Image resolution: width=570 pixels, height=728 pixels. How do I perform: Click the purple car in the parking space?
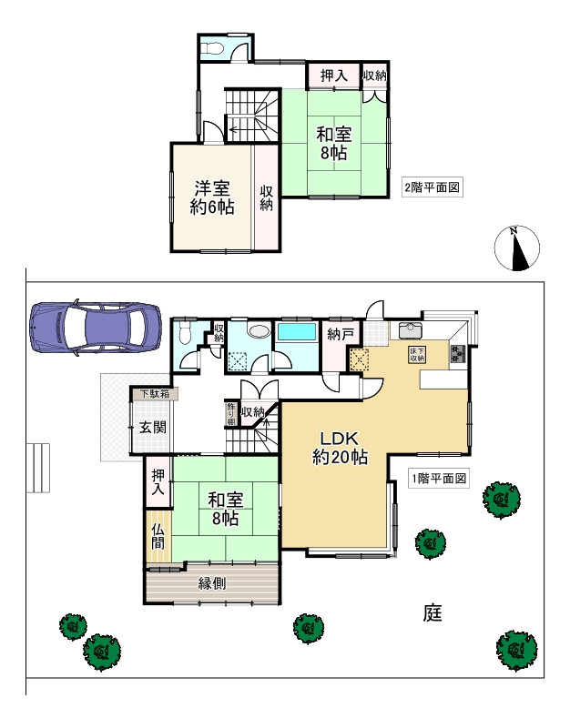[x=93, y=324]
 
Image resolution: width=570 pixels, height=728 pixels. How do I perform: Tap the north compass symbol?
[x=517, y=248]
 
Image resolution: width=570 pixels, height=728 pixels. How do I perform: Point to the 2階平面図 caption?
[x=434, y=188]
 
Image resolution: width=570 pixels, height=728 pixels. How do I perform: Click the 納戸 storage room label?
[x=340, y=334]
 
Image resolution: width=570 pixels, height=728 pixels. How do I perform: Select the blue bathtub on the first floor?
[x=296, y=332]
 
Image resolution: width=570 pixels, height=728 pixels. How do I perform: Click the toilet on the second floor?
[x=212, y=47]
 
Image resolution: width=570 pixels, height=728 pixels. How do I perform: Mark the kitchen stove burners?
[x=454, y=354]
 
